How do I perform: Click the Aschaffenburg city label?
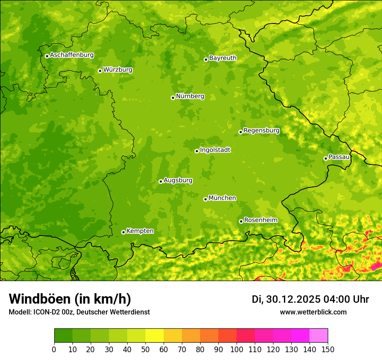[72, 55]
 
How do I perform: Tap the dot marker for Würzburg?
[100, 71]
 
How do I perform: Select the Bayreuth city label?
[223, 58]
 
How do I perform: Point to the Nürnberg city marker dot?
[173, 98]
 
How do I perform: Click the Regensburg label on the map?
[261, 131]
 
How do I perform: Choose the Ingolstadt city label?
[215, 150]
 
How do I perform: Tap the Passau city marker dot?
[326, 158]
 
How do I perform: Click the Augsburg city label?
[178, 180]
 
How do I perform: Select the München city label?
[222, 198]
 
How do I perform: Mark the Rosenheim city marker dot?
[241, 221]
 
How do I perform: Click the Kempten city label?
[140, 231]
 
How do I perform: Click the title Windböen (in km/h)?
[70, 299]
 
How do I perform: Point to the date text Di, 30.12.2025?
[286, 299]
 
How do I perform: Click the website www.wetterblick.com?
[313, 312]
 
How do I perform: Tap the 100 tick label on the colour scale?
[237, 350]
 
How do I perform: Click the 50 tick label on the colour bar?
[145, 350]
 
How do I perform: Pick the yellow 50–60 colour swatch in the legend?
[155, 335]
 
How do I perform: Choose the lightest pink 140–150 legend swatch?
[319, 335]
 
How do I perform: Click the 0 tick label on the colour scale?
[54, 350]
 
